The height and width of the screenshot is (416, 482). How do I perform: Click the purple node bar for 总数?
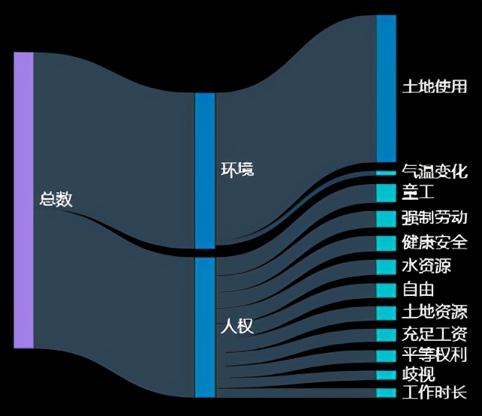23,200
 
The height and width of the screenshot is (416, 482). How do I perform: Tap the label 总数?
56,200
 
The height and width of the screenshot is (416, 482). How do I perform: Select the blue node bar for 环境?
204,170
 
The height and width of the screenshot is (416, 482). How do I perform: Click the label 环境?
236,169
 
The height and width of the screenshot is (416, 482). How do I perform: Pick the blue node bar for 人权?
204,327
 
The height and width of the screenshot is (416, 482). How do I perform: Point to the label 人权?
236,327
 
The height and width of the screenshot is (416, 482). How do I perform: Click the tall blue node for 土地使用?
386,88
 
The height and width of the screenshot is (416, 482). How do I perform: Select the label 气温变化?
435,171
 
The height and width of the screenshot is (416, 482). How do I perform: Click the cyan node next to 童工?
386,193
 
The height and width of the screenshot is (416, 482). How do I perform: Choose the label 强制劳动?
435,219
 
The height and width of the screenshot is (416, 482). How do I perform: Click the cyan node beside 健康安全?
386,243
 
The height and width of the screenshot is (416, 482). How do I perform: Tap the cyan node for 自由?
386,290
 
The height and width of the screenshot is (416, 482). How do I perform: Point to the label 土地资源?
435,312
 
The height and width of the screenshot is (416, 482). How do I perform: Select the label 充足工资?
435,334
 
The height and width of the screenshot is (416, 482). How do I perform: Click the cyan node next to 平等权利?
386,355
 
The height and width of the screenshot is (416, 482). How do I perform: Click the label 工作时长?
435,393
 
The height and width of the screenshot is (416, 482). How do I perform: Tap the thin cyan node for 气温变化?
386,173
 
